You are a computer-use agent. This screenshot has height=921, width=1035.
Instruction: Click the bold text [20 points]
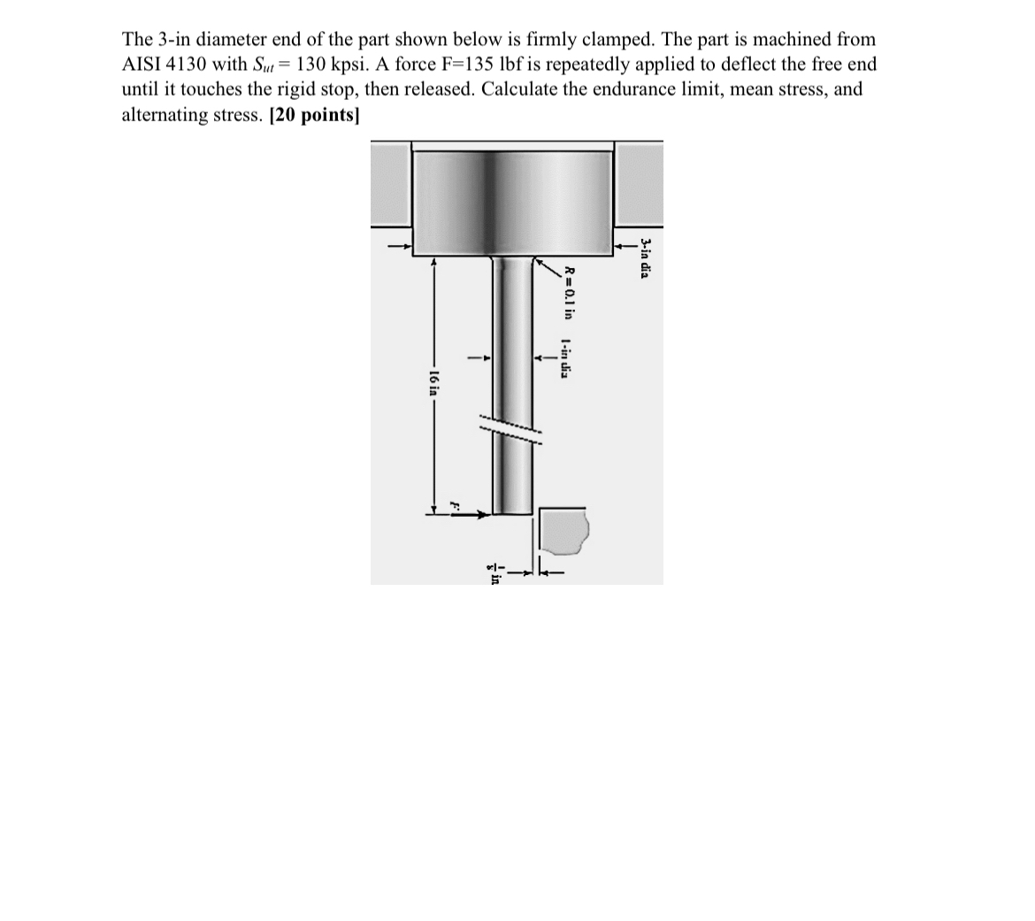[x=314, y=115]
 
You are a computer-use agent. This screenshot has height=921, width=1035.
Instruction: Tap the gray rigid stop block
[x=562, y=531]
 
